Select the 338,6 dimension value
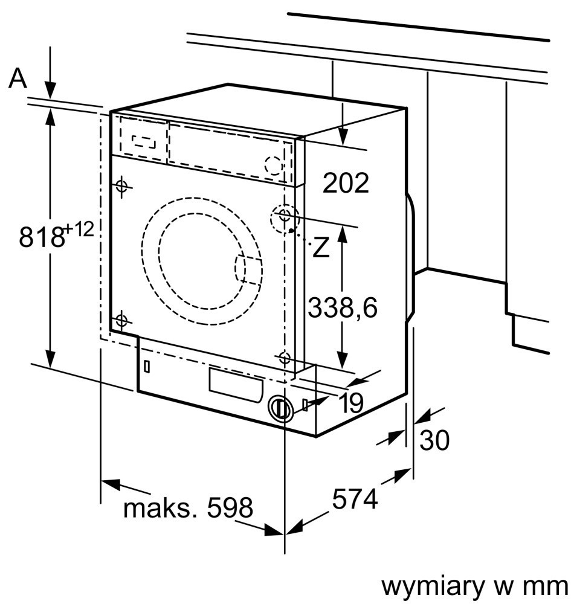[x=343, y=307]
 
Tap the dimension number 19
[x=351, y=403]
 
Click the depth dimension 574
[x=355, y=499]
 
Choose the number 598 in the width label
[x=230, y=507]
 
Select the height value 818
[x=42, y=237]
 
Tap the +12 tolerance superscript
[x=79, y=229]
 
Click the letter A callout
[x=18, y=78]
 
